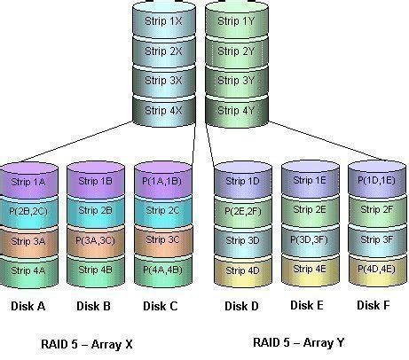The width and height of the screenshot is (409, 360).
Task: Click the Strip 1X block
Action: pyautogui.click(x=161, y=19)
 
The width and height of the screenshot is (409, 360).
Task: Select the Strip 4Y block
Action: pyautogui.click(x=234, y=110)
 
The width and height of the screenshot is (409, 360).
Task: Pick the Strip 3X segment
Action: pyautogui.click(x=161, y=80)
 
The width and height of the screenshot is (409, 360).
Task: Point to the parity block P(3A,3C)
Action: pyautogui.click(x=95, y=239)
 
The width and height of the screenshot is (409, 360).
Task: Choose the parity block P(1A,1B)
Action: pyautogui.click(x=161, y=182)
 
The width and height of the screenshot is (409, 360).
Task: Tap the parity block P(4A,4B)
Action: pyautogui.click(x=161, y=268)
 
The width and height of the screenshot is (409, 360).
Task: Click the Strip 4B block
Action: pyautogui.click(x=95, y=268)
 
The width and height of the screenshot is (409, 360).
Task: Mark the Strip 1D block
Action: pyautogui.click(x=242, y=182)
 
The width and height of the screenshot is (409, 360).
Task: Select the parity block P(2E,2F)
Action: pyautogui.click(x=242, y=210)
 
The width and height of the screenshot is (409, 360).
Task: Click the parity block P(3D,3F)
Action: pyautogui.click(x=308, y=239)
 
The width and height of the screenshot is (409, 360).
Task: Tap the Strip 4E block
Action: pyautogui.click(x=308, y=268)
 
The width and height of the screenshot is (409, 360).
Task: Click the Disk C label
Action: pyautogui.click(x=161, y=306)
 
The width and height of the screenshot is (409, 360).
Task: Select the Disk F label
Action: pyautogui.click(x=374, y=305)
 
